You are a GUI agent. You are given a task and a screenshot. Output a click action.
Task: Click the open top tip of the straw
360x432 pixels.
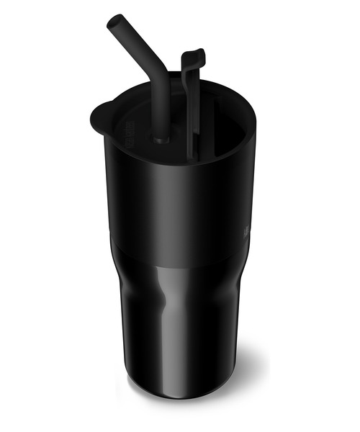(x=113, y=22)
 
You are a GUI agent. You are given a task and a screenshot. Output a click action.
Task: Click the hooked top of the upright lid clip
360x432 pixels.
(x=194, y=57)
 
